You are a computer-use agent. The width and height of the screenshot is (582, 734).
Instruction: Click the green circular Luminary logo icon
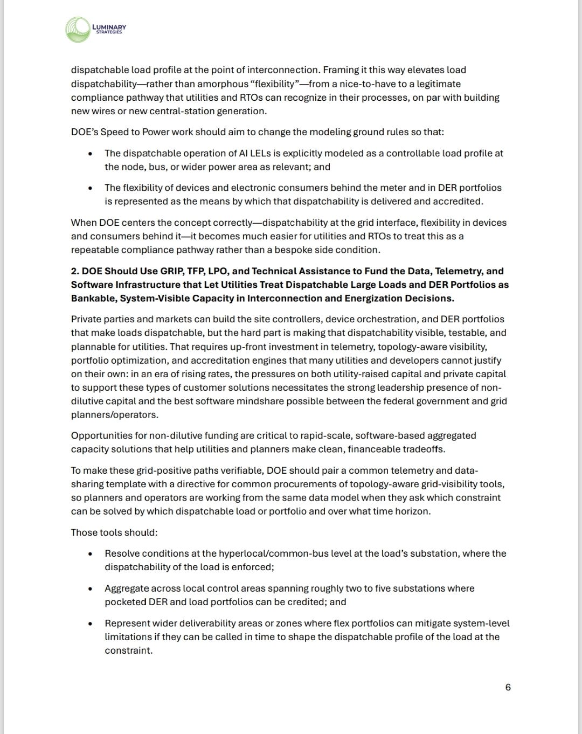tap(78, 30)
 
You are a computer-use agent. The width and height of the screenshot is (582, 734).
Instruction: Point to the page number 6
tap(508, 687)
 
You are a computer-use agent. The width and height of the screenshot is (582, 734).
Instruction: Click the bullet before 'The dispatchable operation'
tap(90, 154)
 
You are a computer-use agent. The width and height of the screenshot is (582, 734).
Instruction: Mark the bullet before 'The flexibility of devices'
tap(90, 188)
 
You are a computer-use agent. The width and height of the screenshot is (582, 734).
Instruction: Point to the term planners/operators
tap(114, 415)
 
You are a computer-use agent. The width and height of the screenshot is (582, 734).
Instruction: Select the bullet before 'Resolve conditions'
tap(90, 554)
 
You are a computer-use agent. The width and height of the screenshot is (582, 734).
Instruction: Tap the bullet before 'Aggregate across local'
tap(90, 589)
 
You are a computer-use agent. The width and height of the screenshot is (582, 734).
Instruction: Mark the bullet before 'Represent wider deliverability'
tap(90, 624)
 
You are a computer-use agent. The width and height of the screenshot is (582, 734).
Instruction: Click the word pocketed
tap(124, 602)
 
